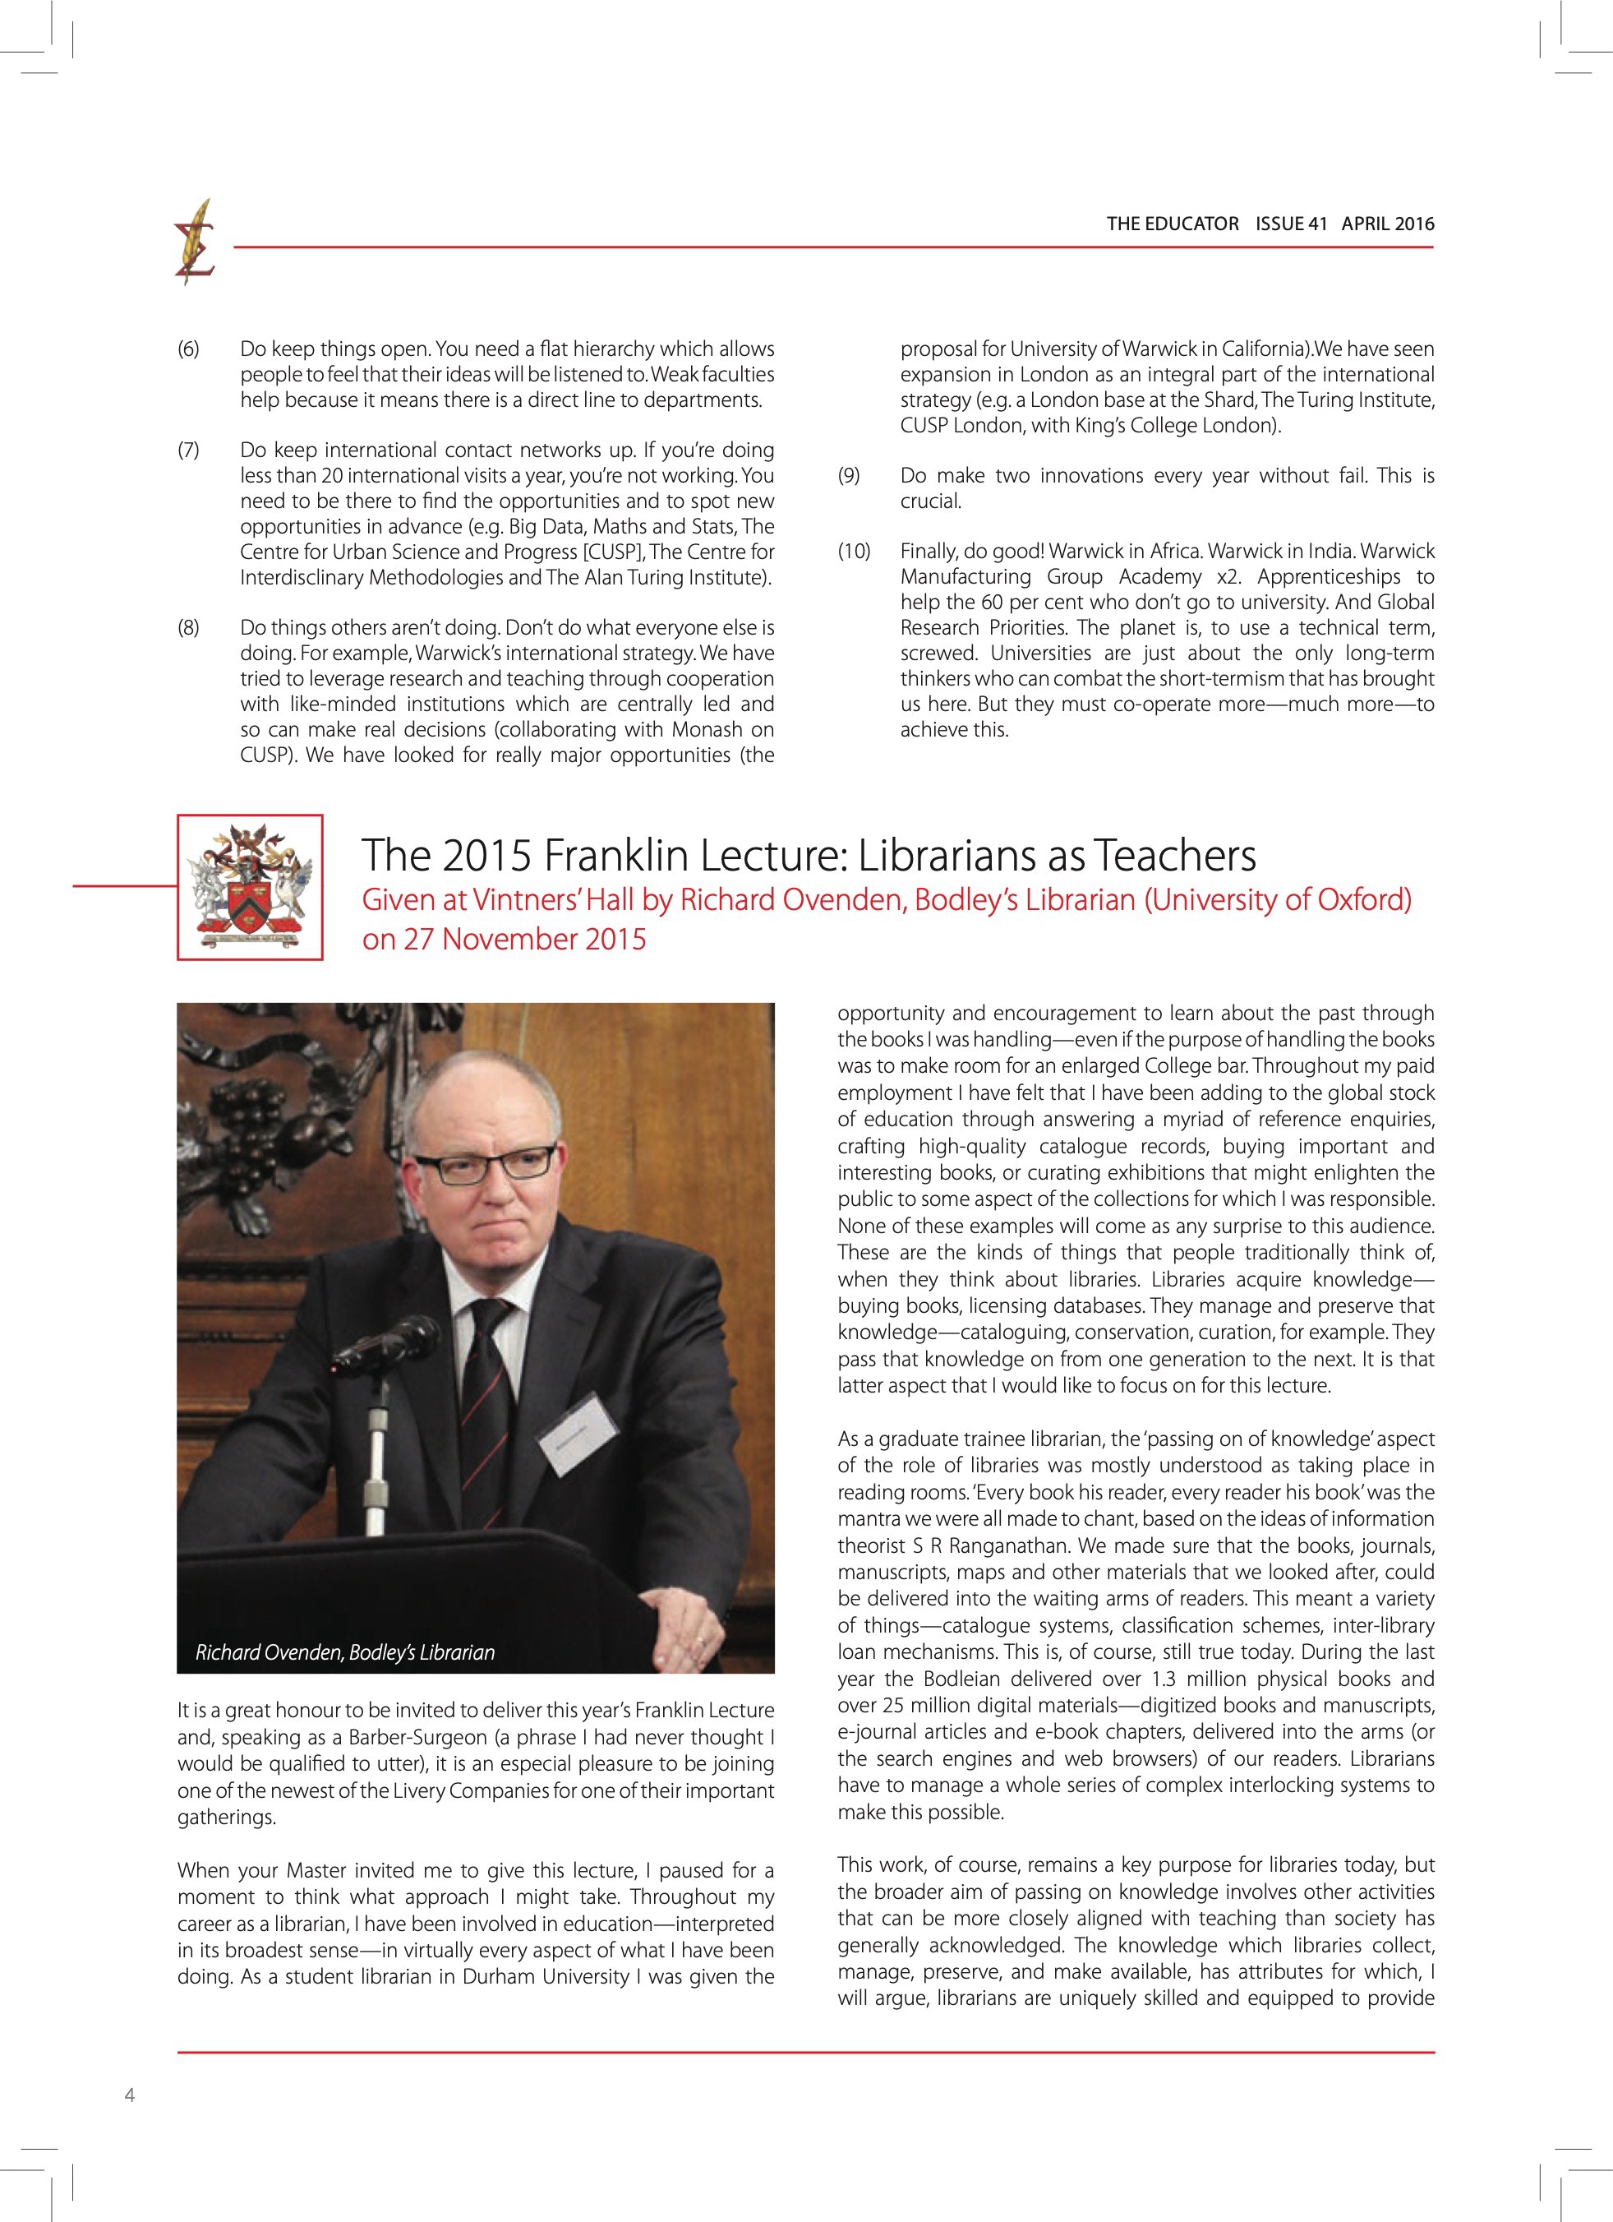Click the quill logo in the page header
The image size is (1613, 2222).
(196, 242)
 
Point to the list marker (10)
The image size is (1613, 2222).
(853, 552)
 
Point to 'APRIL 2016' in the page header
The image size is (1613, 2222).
(1387, 224)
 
